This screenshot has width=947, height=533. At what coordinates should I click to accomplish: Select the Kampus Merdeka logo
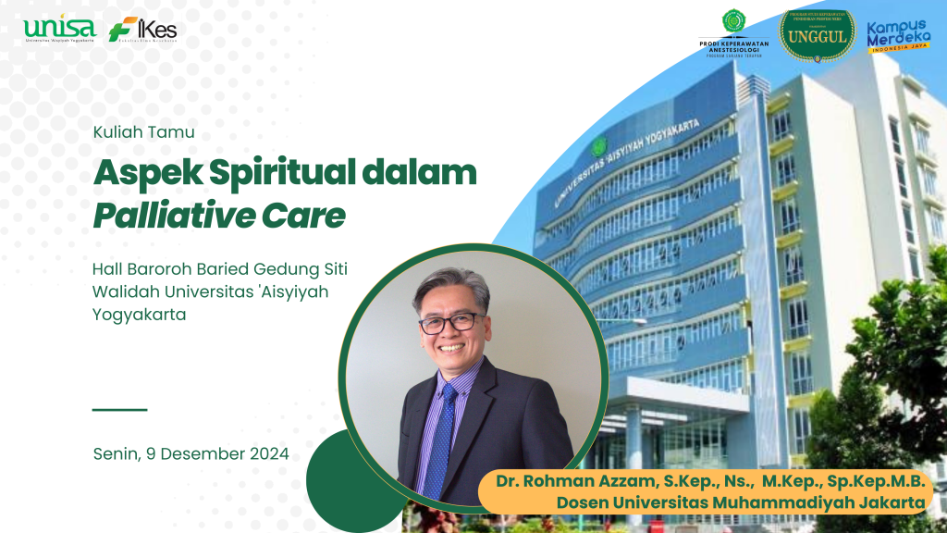click(898, 36)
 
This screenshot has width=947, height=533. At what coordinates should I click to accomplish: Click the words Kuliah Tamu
click(143, 132)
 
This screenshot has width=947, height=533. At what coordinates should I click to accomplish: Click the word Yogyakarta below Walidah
click(139, 314)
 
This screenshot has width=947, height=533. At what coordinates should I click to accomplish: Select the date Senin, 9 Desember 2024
click(191, 453)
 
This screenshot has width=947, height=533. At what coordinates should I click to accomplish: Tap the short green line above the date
click(119, 409)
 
